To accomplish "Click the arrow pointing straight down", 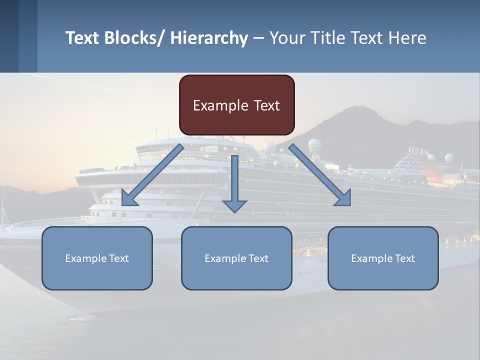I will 234,182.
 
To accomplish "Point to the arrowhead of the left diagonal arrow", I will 127,200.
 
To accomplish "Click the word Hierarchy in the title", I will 209,38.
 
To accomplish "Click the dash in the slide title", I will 258,38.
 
